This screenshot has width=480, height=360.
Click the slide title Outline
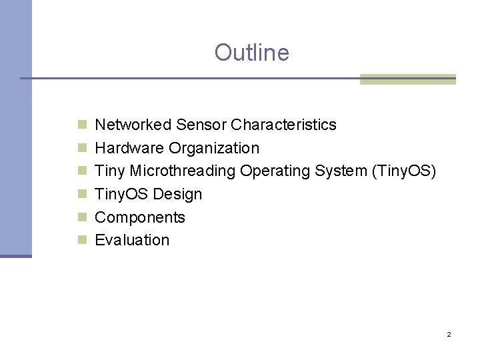click(251, 52)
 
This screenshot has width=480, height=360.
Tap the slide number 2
click(449, 334)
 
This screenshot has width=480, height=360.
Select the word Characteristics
click(283, 125)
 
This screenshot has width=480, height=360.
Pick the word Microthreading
click(183, 171)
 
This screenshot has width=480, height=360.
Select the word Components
click(140, 217)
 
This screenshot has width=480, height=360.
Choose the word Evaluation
click(132, 240)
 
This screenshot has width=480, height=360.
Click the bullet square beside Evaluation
click(82, 240)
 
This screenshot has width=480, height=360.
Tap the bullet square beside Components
click(82, 217)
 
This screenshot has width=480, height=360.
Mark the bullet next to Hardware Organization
click(82, 148)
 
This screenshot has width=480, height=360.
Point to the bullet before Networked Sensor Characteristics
click(82, 125)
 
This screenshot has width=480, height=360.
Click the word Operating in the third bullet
click(271, 171)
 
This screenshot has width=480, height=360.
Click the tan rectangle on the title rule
click(407, 79)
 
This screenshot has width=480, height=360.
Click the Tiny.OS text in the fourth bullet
click(122, 195)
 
